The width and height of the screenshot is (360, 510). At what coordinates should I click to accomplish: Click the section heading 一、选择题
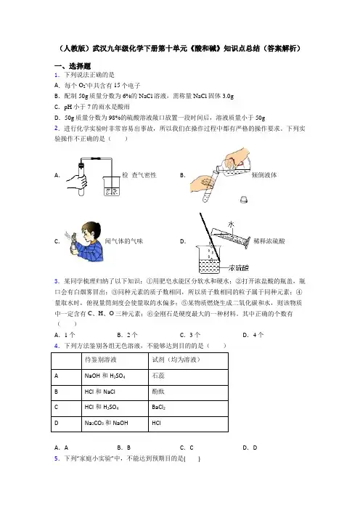coord(73,66)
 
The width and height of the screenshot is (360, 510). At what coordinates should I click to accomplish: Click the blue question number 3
coord(57,281)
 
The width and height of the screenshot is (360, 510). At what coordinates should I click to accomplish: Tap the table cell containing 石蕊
coord(188,377)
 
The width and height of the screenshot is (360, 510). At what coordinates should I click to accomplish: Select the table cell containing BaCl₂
coord(188,408)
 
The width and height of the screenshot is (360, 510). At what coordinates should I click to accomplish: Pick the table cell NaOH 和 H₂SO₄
coord(115,377)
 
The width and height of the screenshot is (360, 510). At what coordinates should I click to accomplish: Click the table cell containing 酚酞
coord(188,392)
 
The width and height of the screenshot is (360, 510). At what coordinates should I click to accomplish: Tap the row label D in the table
coord(57,423)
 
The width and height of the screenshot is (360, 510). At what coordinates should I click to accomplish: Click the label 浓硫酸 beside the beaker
coord(239,268)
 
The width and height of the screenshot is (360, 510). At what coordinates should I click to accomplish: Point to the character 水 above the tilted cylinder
coord(231,224)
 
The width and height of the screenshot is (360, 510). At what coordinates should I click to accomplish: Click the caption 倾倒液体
coord(264,175)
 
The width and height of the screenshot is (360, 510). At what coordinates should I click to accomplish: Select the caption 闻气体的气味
coord(124,241)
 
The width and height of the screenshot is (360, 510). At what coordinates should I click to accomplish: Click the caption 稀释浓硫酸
coord(269,241)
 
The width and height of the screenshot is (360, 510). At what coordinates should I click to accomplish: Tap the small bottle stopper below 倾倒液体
coord(244,199)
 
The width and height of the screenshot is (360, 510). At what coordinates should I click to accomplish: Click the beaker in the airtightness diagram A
coord(112,186)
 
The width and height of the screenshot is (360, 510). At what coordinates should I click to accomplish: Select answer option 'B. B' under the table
coord(124,448)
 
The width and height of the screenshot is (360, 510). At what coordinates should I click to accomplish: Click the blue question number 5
coord(57,458)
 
